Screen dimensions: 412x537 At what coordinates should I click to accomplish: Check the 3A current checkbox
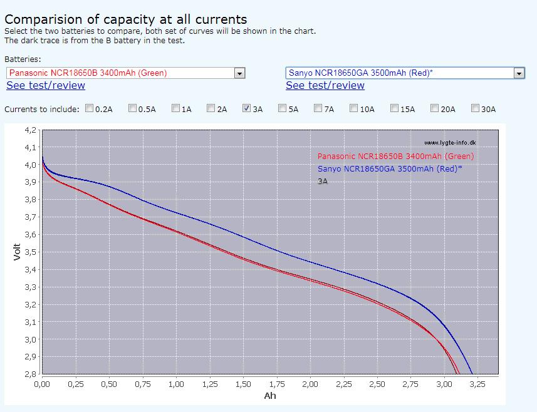[x=246, y=108]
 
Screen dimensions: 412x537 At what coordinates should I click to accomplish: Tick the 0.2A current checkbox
[x=90, y=108]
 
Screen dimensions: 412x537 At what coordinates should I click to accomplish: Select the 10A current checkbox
[x=353, y=108]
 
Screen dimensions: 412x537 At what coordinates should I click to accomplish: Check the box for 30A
[x=475, y=108]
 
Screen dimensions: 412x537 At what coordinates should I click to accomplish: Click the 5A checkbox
[x=282, y=108]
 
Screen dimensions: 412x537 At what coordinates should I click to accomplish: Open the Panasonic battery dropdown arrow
[x=239, y=73]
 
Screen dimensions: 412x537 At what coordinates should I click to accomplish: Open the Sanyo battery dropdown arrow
[x=518, y=73]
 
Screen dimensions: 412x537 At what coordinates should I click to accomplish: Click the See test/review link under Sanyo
[x=325, y=85]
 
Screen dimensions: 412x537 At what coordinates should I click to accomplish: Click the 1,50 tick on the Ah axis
[x=243, y=384]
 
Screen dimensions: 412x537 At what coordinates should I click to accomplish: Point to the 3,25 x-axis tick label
[x=477, y=384]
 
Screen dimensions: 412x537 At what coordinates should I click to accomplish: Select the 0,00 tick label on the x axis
[x=42, y=384]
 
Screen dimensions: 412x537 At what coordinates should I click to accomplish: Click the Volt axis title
[x=18, y=252]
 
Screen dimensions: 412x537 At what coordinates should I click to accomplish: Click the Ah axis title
[x=270, y=396]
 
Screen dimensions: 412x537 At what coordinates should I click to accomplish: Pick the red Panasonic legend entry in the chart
[x=395, y=157]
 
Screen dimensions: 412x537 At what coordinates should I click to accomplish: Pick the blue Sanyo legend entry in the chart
[x=390, y=168]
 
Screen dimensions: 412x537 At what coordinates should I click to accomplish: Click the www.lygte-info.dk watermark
[x=449, y=143]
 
